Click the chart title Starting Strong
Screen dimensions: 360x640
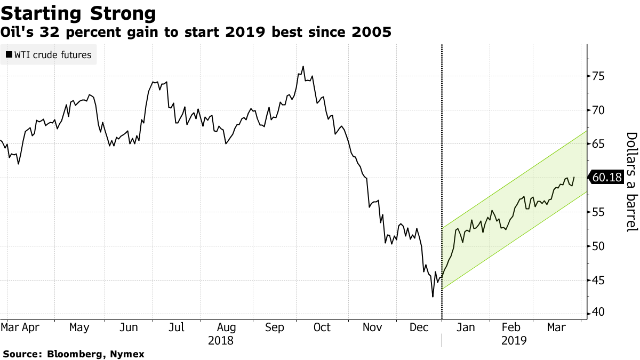78,13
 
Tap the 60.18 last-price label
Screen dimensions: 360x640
607,178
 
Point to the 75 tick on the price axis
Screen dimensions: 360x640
598,76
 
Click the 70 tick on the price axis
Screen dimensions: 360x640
598,110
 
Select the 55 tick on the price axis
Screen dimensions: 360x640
598,212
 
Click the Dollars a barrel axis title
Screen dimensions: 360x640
631,181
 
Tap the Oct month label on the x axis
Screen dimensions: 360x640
322,327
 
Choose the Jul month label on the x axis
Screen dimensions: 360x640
177,327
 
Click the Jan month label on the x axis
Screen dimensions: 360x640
466,327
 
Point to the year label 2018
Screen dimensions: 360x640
220,340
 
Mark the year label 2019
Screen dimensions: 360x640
514,340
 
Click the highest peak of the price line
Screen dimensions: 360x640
303,67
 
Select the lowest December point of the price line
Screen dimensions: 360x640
433,297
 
